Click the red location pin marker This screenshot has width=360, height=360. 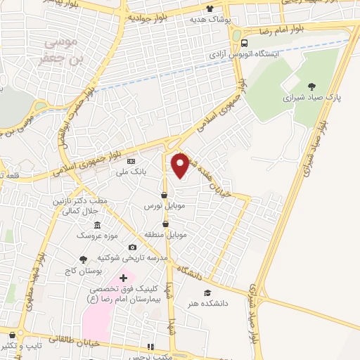coord(181,164)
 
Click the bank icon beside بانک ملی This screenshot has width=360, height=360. coord(130,161)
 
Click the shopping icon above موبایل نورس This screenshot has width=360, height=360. coord(164,195)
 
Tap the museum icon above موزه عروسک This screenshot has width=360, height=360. coord(96,225)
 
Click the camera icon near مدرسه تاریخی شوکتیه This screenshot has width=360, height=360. coord(132,247)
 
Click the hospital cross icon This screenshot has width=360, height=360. coord(124,279)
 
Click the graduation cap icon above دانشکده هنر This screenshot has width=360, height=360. coord(207,292)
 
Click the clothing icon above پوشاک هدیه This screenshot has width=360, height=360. coord(209,9)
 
